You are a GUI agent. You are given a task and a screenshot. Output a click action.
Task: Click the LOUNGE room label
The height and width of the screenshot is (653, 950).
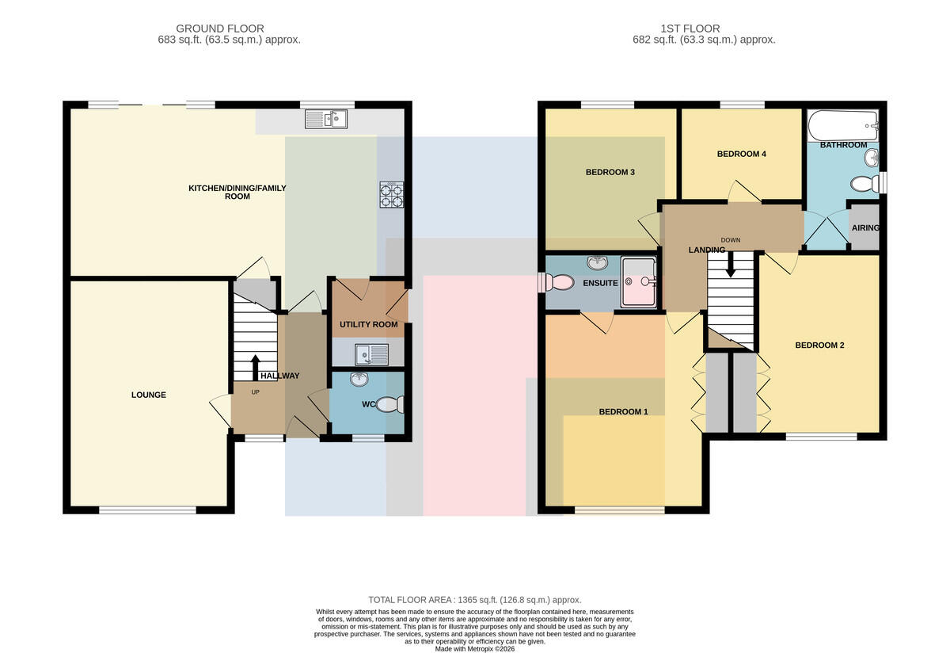149,395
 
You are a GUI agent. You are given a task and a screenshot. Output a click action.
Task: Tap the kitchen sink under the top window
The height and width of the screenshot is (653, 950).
325,120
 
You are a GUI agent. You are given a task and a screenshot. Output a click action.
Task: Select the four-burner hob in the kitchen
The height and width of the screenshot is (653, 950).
391,195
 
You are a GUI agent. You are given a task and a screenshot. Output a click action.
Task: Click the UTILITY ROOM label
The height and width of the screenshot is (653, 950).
369,324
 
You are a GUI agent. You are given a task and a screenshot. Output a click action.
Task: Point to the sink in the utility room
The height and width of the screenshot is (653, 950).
371,354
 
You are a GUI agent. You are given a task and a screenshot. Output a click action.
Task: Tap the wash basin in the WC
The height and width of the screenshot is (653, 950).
359,379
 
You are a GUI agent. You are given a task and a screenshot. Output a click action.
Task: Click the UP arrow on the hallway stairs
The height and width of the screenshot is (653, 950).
255,368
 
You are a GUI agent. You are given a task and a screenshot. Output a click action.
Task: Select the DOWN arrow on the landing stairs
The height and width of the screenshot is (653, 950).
730,264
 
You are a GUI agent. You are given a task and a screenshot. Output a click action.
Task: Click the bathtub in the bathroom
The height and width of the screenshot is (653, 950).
843,126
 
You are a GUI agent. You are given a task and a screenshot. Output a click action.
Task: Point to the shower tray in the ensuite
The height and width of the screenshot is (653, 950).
639,281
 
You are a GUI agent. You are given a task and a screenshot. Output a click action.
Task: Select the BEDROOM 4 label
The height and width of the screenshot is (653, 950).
741,154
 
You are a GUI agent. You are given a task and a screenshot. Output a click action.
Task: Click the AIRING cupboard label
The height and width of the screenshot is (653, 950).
865,228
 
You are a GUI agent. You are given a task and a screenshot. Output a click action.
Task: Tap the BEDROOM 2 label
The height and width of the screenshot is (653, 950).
819,346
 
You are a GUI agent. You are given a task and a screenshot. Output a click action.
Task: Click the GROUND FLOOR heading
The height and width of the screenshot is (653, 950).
220,29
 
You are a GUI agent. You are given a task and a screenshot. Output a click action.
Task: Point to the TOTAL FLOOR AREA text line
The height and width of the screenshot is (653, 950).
474,600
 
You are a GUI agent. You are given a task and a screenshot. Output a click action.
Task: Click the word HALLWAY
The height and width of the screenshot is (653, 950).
280,376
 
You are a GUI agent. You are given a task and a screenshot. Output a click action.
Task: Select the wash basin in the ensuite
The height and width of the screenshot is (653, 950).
597,262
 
